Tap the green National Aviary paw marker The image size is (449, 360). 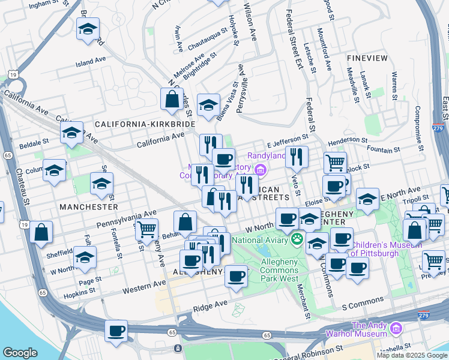click(297, 239)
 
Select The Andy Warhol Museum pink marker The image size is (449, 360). click(396, 328)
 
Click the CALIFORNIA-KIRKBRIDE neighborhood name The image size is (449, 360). click(145, 124)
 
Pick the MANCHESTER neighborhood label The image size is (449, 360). click(89, 206)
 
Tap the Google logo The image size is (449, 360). click(20, 352)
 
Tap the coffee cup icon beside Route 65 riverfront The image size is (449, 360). click(116, 330)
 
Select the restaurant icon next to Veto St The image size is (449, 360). click(297, 157)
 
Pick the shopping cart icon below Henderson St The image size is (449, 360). click(335, 161)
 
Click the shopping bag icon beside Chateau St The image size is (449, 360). click(41, 232)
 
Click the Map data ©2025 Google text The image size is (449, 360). click(412, 355)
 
